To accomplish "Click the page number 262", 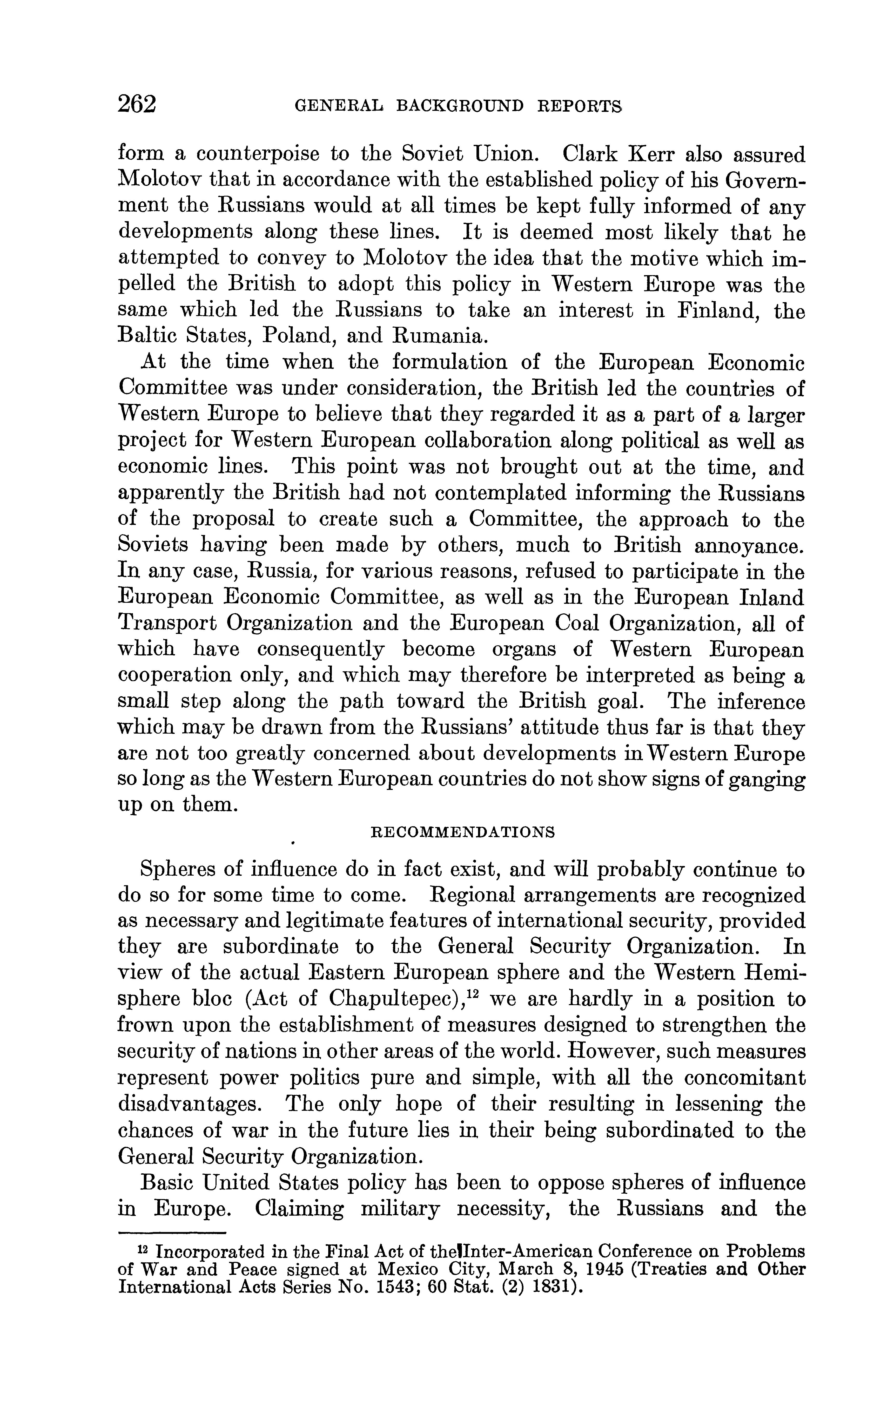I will pyautogui.click(x=137, y=105).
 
